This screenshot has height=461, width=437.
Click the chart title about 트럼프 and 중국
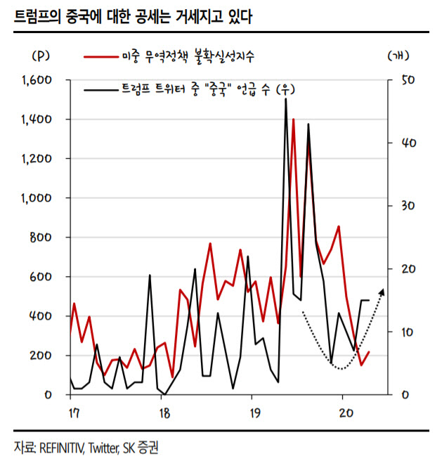click(133, 15)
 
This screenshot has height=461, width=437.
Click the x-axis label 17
click(72, 412)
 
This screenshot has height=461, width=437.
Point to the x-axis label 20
click(344, 412)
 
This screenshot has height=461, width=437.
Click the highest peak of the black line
click(286, 100)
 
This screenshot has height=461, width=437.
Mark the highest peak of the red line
click(293, 119)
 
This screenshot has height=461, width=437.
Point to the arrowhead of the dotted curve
click(382, 290)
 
